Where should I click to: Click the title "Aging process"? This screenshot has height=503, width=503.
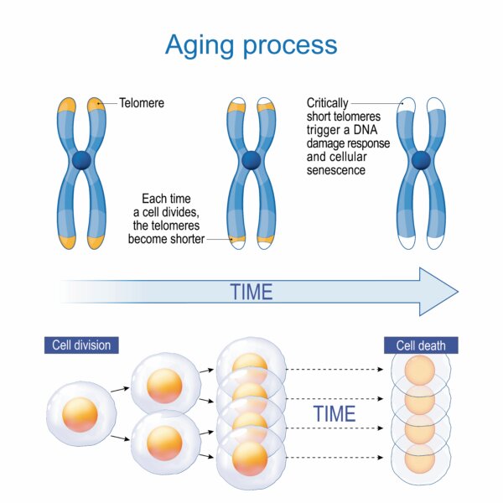click(251, 45)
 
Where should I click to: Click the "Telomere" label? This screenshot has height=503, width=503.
click(142, 103)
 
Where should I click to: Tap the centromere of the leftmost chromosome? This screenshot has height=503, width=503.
click(81, 160)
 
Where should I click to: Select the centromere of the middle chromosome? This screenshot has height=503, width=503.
click(251, 160)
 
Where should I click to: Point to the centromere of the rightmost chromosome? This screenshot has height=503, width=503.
click(421, 160)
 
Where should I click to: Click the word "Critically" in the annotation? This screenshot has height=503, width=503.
click(327, 103)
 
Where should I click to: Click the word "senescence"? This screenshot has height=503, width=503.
click(336, 170)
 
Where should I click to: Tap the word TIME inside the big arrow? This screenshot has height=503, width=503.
click(251, 292)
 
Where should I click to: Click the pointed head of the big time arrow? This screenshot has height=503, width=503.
click(458, 292)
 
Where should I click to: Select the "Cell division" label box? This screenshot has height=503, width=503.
click(81, 345)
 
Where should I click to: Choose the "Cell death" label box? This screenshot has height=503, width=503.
click(421, 345)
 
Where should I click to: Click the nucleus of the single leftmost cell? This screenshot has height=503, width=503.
click(80, 415)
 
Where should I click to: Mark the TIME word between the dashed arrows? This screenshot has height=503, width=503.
click(334, 414)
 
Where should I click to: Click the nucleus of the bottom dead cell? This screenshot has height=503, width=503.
click(420, 459)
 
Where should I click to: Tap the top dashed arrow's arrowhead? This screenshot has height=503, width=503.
click(380, 369)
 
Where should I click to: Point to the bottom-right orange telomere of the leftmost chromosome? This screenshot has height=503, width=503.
click(96, 242)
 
